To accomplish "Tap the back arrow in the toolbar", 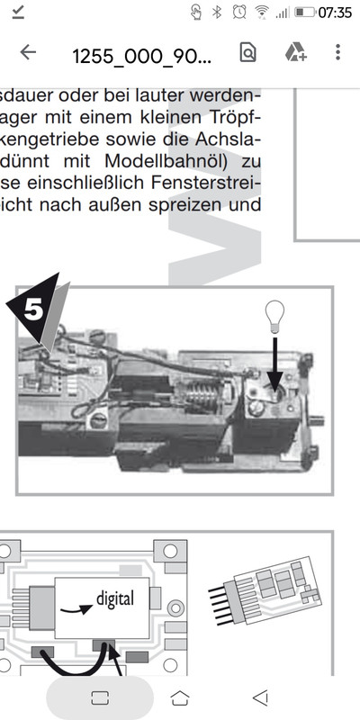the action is click(x=28, y=52).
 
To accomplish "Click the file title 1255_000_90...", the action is click(x=142, y=56).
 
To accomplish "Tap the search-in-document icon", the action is click(x=247, y=52).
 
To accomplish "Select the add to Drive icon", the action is click(x=296, y=52).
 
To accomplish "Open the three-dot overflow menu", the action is click(x=338, y=52).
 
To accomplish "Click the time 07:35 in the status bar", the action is click(x=335, y=13).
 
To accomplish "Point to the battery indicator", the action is click(x=304, y=13).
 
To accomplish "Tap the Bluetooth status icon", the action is click(x=217, y=13).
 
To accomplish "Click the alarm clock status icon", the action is click(x=238, y=12).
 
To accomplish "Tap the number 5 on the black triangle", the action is click(x=33, y=310).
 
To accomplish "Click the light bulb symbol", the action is click(x=274, y=316).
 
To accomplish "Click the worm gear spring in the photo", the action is click(x=202, y=395).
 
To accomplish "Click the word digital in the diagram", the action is click(x=115, y=598).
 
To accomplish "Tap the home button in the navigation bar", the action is click(x=179, y=698).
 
